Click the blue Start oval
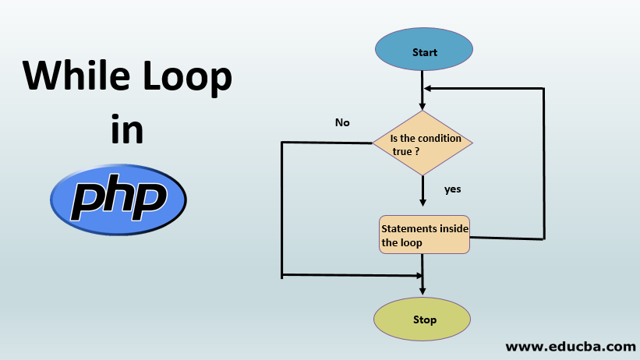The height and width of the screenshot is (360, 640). pos(423,52)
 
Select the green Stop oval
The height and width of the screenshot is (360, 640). pos(423,319)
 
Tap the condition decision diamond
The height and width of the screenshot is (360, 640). pos(422,143)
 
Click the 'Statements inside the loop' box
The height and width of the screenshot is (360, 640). pos(424,235)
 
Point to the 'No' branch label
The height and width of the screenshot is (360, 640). pos(342,122)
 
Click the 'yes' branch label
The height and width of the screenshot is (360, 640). pos(453,189)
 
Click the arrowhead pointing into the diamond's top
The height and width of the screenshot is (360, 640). pos(423,105)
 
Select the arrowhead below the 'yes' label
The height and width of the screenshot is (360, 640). pos(423,202)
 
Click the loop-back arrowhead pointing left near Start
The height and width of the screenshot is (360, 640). pos(428,88)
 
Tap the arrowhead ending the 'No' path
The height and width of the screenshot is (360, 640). pos(417,275)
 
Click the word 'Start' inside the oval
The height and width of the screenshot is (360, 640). pos(425,53)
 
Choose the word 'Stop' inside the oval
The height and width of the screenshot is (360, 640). pos(425,319)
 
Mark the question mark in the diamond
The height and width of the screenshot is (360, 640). pos(417,150)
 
